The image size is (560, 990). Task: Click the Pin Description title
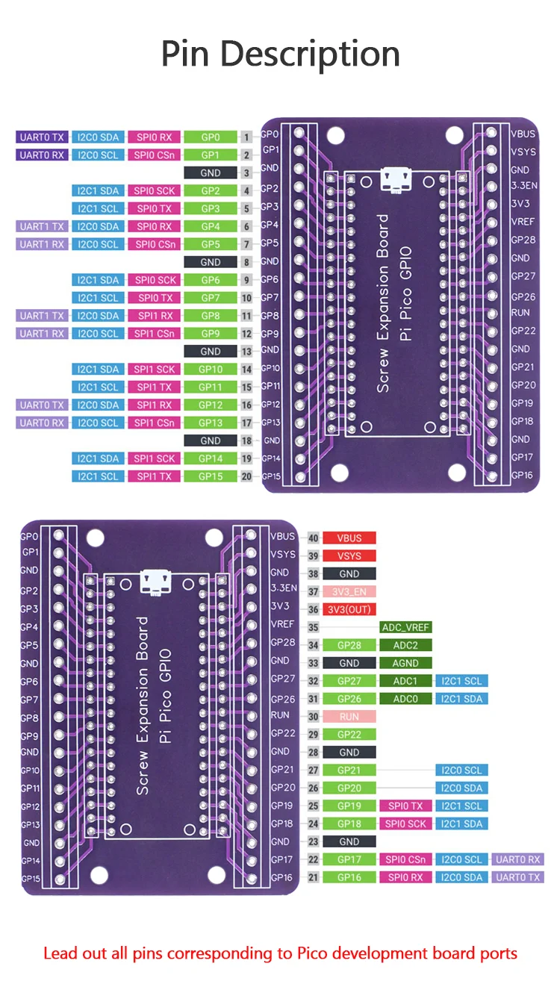[280, 54]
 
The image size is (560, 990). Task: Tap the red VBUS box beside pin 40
[349, 538]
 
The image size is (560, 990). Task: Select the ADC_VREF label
[405, 627]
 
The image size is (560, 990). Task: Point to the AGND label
[405, 663]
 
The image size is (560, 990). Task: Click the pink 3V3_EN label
[349, 591]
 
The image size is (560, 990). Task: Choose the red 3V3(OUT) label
[349, 609]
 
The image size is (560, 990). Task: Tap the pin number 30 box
[313, 717]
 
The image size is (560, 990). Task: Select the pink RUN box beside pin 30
[349, 717]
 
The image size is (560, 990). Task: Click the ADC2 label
[405, 645]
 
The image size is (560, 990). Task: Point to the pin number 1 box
[246, 137]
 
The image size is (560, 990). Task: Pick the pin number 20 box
[246, 476]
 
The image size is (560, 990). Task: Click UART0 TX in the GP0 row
[41, 137]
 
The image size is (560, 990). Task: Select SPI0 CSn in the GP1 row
[154, 155]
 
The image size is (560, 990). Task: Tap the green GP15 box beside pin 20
[210, 476]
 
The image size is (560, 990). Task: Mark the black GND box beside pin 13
[210, 351]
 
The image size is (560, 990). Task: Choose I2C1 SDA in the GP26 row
[461, 699]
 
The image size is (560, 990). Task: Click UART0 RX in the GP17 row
[517, 859]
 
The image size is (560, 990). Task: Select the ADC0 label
[405, 699]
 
